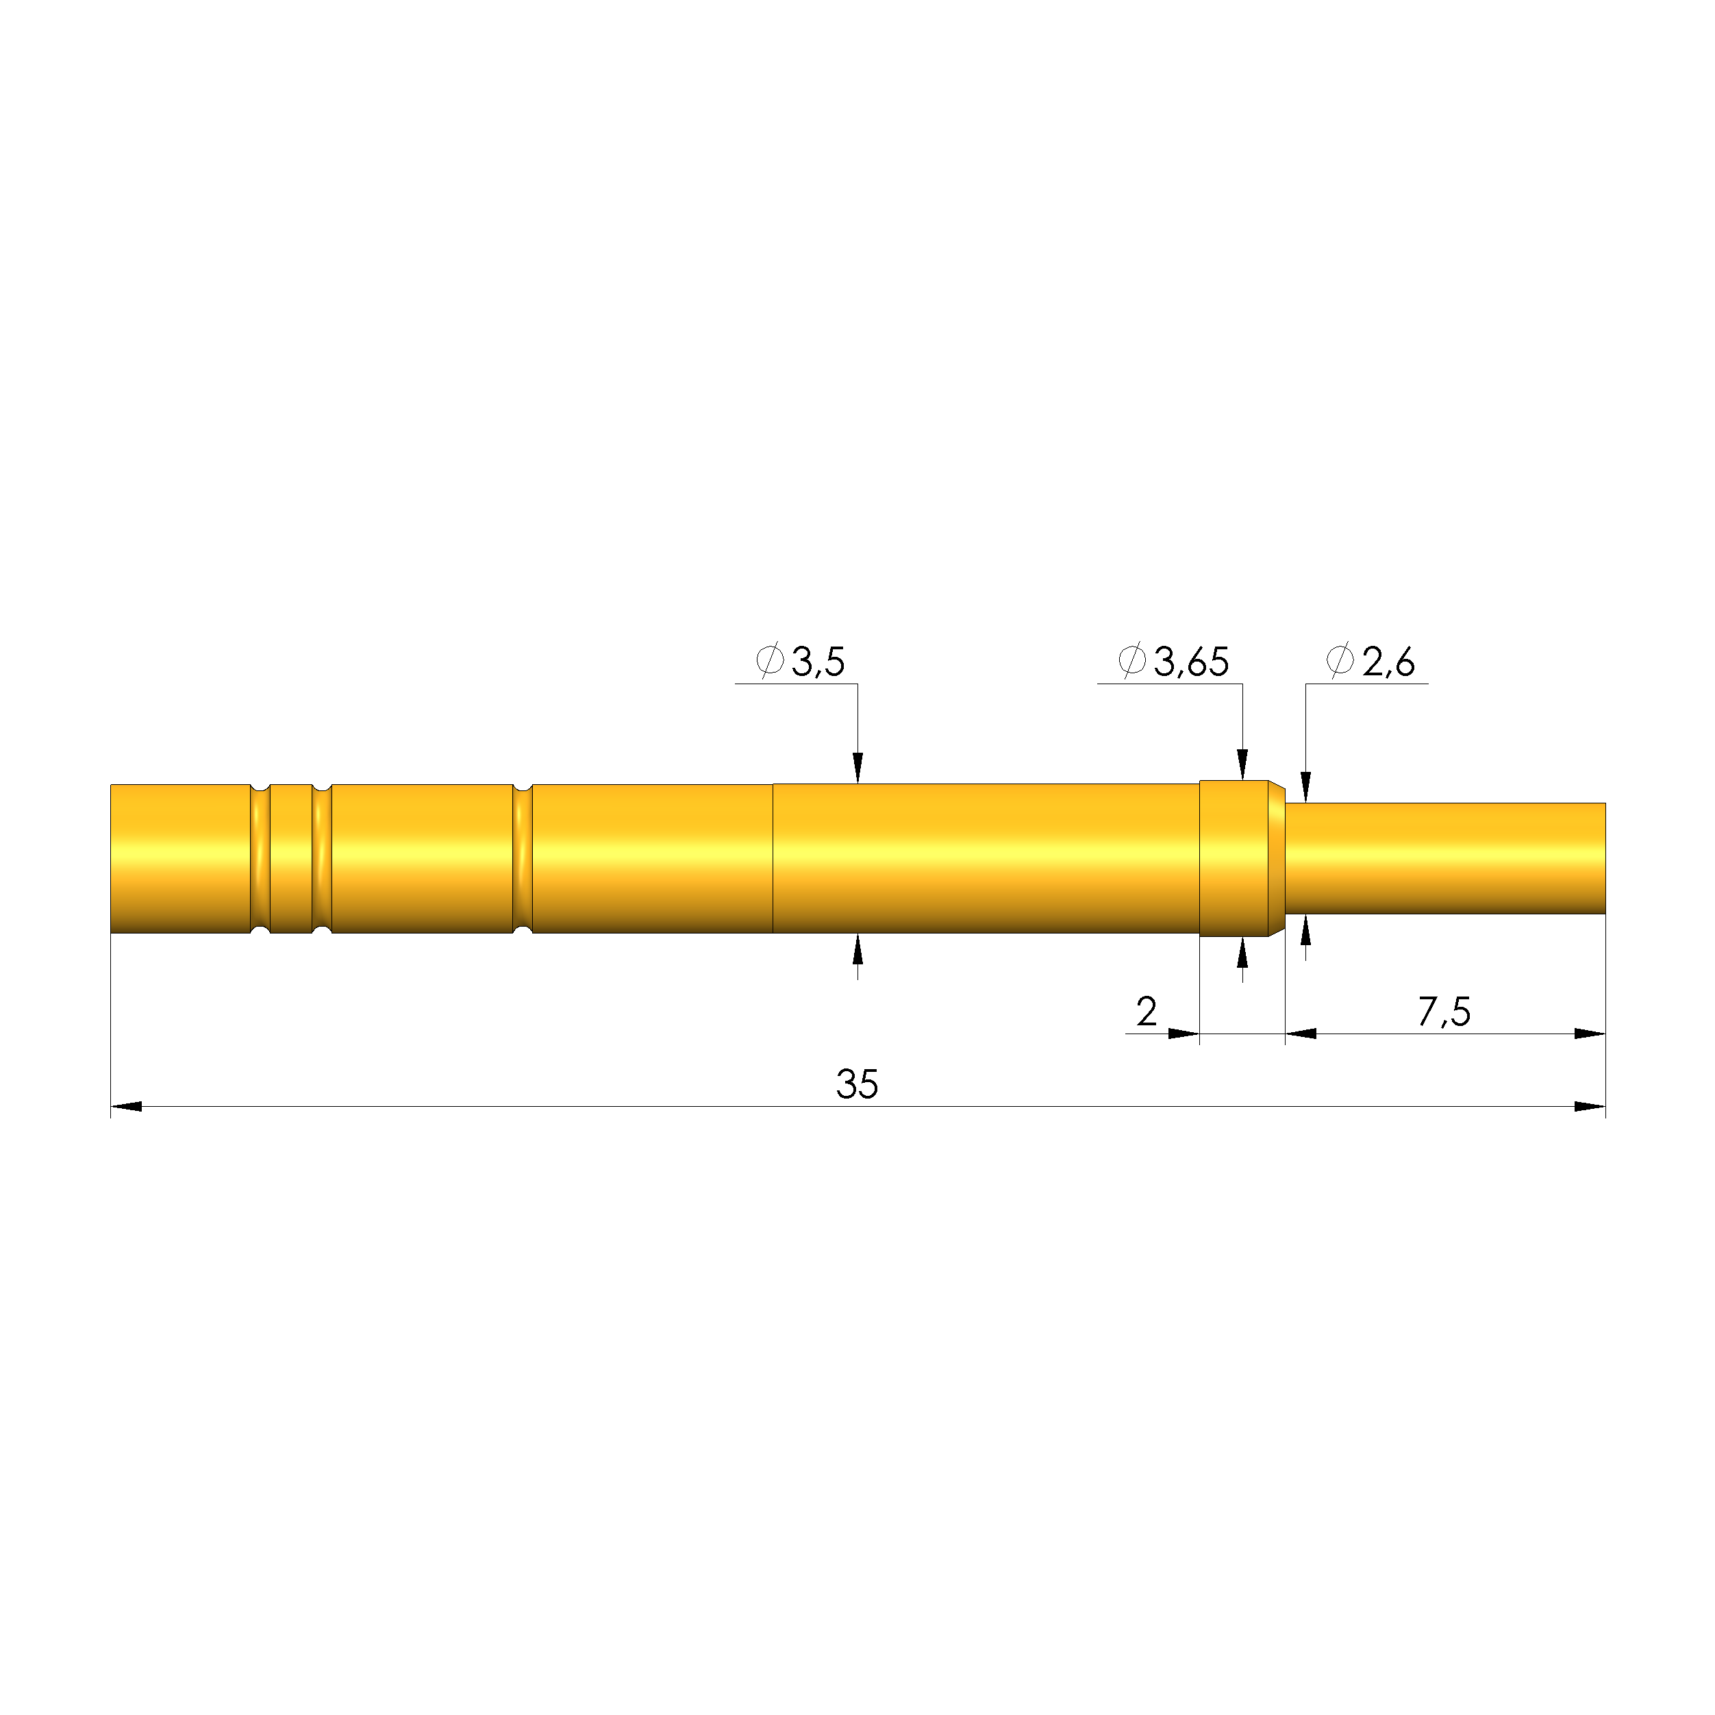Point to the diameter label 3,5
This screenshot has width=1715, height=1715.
pos(818,662)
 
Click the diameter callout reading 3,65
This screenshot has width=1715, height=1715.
pos(1191,662)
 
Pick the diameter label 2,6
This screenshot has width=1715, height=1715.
pos(1388,662)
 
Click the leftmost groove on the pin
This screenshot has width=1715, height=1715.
pos(260,858)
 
